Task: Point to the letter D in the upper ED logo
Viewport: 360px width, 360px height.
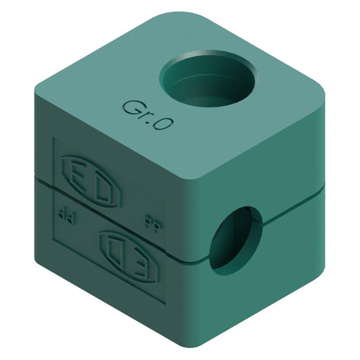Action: [x=106, y=177]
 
